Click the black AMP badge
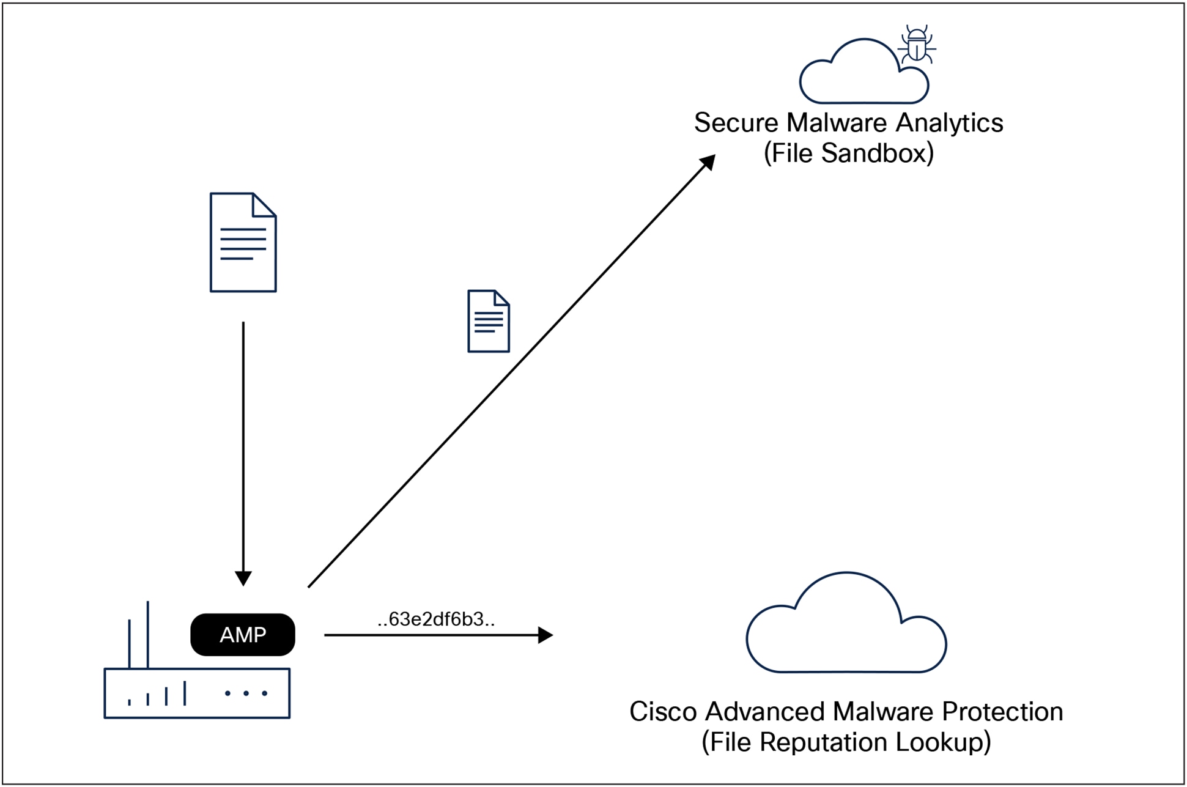pos(243,635)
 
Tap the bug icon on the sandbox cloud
pos(917,44)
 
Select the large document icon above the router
pos(243,243)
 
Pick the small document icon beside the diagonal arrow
pos(488,321)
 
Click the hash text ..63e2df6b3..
pos(436,619)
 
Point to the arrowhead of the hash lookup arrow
pos(545,635)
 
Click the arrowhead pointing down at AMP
pos(243,578)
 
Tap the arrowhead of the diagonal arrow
pos(708,162)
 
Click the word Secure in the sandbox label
pos(736,123)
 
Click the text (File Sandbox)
pos(849,153)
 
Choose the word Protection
pos(1002,712)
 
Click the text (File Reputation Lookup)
pos(846,742)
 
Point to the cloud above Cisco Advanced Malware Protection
pos(846,630)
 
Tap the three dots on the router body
pos(246,693)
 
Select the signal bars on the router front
pos(157,695)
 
